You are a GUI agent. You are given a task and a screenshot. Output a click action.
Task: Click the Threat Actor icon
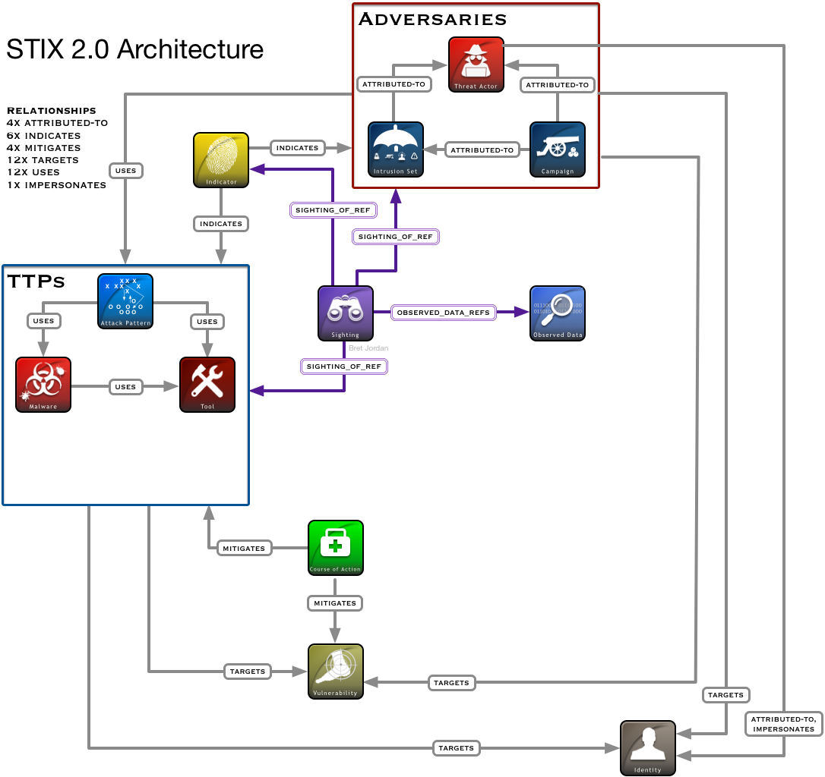click(476, 64)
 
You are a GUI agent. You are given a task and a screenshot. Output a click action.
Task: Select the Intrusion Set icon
click(396, 149)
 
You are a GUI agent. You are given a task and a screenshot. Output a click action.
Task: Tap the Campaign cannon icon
click(558, 149)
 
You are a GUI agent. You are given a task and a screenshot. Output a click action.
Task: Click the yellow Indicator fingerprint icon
click(221, 160)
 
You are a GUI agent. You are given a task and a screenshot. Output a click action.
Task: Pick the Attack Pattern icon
click(125, 301)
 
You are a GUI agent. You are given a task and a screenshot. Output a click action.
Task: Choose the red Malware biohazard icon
click(43, 384)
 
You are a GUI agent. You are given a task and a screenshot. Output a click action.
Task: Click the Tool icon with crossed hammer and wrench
click(207, 384)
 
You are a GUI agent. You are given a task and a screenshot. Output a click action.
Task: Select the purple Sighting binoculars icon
click(346, 313)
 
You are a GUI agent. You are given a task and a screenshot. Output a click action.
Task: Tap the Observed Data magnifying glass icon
click(558, 313)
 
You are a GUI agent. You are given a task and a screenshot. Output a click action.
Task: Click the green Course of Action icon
click(336, 548)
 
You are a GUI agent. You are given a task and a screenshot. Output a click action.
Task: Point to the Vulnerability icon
click(336, 672)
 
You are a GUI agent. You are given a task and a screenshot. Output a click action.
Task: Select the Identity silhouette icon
click(648, 748)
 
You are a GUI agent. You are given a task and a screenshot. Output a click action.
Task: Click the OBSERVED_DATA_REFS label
click(444, 313)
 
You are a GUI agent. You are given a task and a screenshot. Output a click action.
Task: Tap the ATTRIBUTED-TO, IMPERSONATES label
click(783, 724)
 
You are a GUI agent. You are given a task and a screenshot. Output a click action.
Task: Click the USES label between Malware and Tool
click(125, 387)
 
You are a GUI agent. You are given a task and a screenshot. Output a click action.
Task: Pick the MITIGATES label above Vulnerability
click(335, 603)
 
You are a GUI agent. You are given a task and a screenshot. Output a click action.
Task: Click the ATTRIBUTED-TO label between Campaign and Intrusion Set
click(482, 149)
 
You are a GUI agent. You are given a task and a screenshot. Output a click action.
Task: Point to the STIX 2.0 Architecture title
click(134, 49)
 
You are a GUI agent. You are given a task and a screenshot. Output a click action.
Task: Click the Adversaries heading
click(432, 20)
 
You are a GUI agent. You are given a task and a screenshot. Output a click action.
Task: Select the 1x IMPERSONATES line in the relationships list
click(57, 185)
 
